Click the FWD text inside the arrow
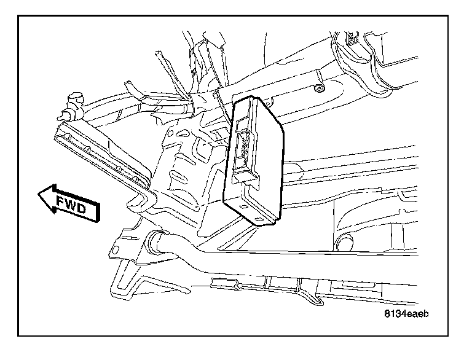[72, 205]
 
